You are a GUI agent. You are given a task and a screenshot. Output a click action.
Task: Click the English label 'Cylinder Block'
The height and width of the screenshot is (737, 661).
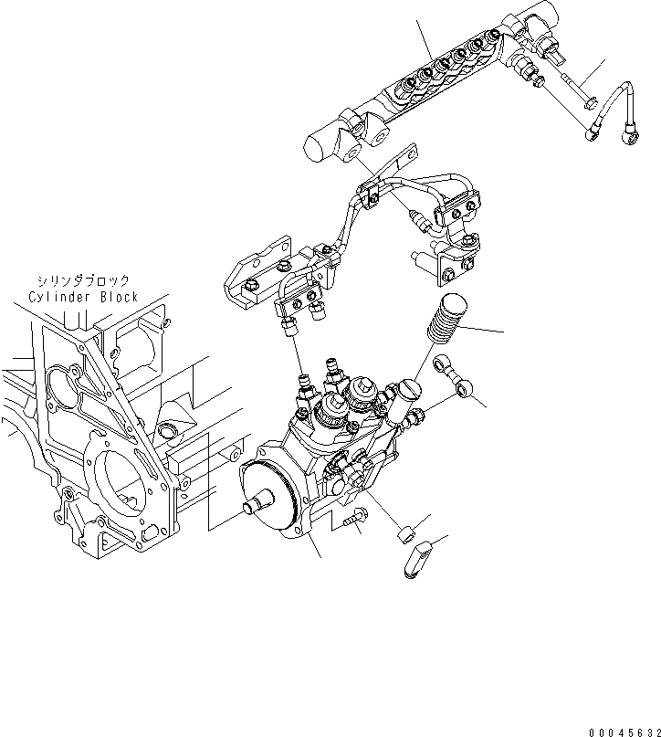pos(83,297)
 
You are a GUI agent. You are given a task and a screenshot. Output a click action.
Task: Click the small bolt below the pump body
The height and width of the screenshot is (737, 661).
pos(355,518)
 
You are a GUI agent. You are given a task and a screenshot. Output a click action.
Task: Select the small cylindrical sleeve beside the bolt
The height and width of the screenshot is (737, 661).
pos(404,533)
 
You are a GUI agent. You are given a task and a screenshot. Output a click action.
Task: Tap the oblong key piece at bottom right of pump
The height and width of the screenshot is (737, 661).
pos(416,558)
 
